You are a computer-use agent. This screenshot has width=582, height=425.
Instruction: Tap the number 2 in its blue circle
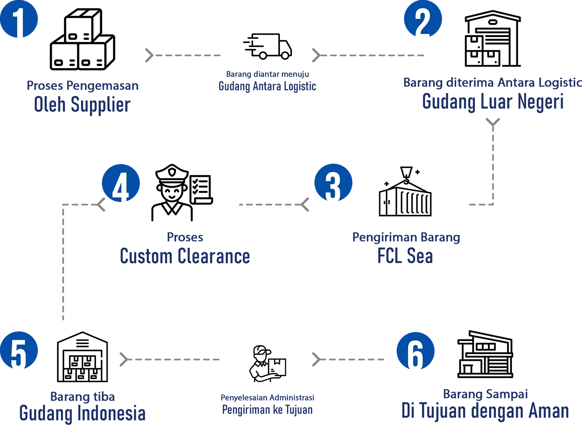point(422,24)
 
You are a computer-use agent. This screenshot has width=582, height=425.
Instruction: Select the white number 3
point(332,187)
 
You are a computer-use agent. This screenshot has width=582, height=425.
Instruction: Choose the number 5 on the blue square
point(18,355)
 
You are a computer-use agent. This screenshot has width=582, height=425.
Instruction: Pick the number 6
point(415,355)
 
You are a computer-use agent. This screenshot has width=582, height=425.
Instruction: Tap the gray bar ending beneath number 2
point(387,55)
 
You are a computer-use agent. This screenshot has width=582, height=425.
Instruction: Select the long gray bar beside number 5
point(185,359)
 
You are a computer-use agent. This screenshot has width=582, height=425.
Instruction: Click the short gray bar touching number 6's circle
point(353,360)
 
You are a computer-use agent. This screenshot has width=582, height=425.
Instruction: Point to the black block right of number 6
point(521,357)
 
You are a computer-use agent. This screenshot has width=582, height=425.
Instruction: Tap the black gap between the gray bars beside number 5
point(281,359)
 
